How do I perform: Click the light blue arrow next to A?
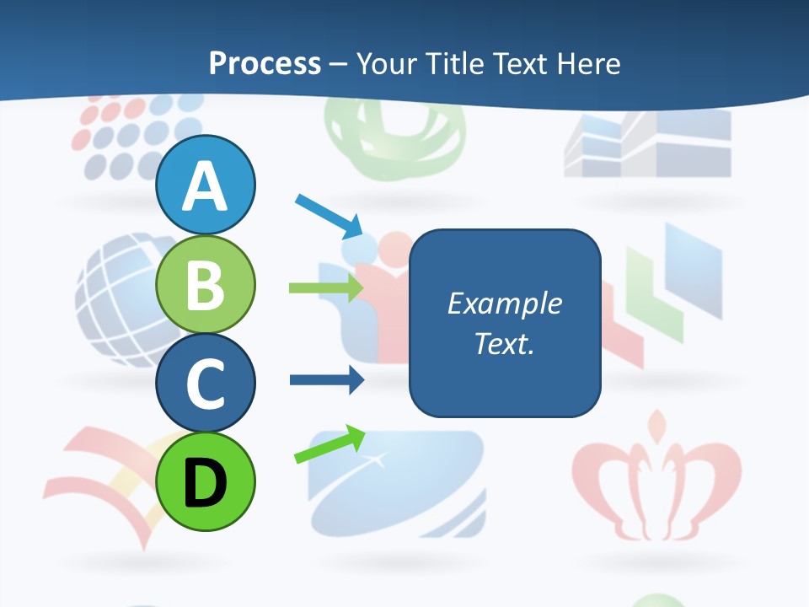tap(329, 216)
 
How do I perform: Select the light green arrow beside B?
tap(325, 287)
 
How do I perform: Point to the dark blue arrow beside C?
tap(325, 379)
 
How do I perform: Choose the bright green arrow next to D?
tap(329, 445)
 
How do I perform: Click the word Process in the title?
tap(265, 63)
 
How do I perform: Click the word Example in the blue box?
tap(504, 303)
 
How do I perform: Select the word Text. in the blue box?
tap(504, 344)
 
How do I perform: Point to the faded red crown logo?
tap(656, 481)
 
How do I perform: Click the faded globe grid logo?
tap(118, 295)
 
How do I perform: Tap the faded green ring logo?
tap(396, 139)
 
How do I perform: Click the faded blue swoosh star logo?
tap(396, 485)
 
